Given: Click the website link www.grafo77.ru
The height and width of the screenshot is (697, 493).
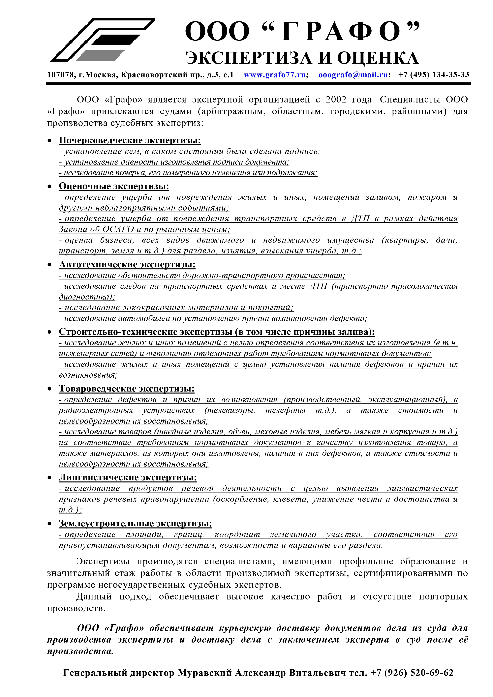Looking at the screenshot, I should click(x=275, y=75).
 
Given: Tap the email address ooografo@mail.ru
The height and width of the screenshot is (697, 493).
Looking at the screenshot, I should click(x=353, y=75).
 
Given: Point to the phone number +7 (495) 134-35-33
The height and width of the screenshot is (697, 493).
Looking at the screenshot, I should click(x=433, y=75).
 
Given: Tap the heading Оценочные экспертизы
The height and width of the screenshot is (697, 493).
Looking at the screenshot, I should click(x=114, y=186).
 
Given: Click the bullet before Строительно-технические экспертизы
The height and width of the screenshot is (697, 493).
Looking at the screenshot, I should click(x=49, y=332).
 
